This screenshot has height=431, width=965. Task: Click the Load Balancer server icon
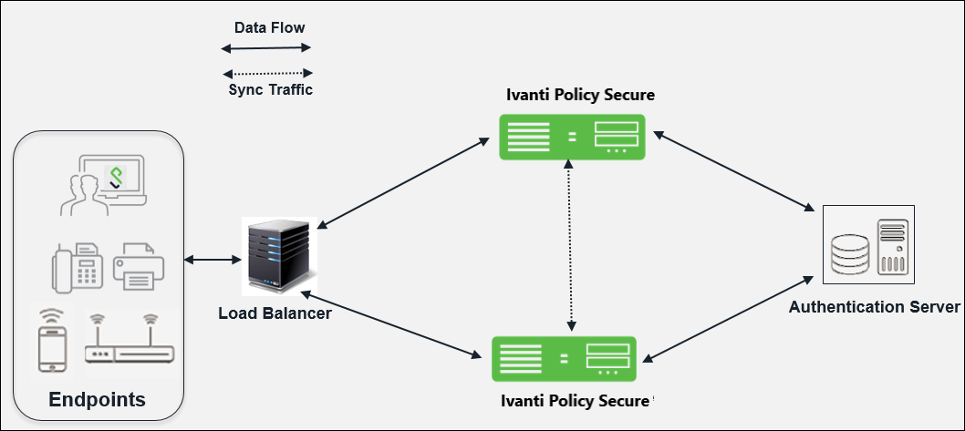point(278,257)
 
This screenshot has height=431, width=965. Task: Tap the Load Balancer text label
point(275,313)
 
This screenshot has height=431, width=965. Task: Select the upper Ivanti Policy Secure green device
point(572,137)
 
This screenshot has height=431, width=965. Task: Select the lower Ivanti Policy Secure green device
point(564,358)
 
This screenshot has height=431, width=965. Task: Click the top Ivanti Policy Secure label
point(580,95)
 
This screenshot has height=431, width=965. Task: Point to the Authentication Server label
point(874,306)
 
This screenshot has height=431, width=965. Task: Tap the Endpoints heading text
point(97,400)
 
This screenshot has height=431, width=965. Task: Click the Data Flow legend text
point(269,28)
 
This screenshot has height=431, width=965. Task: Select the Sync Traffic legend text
point(270,89)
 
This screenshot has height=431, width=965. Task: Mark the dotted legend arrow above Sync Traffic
point(268,73)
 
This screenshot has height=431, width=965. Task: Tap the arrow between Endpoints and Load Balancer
point(210,261)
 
